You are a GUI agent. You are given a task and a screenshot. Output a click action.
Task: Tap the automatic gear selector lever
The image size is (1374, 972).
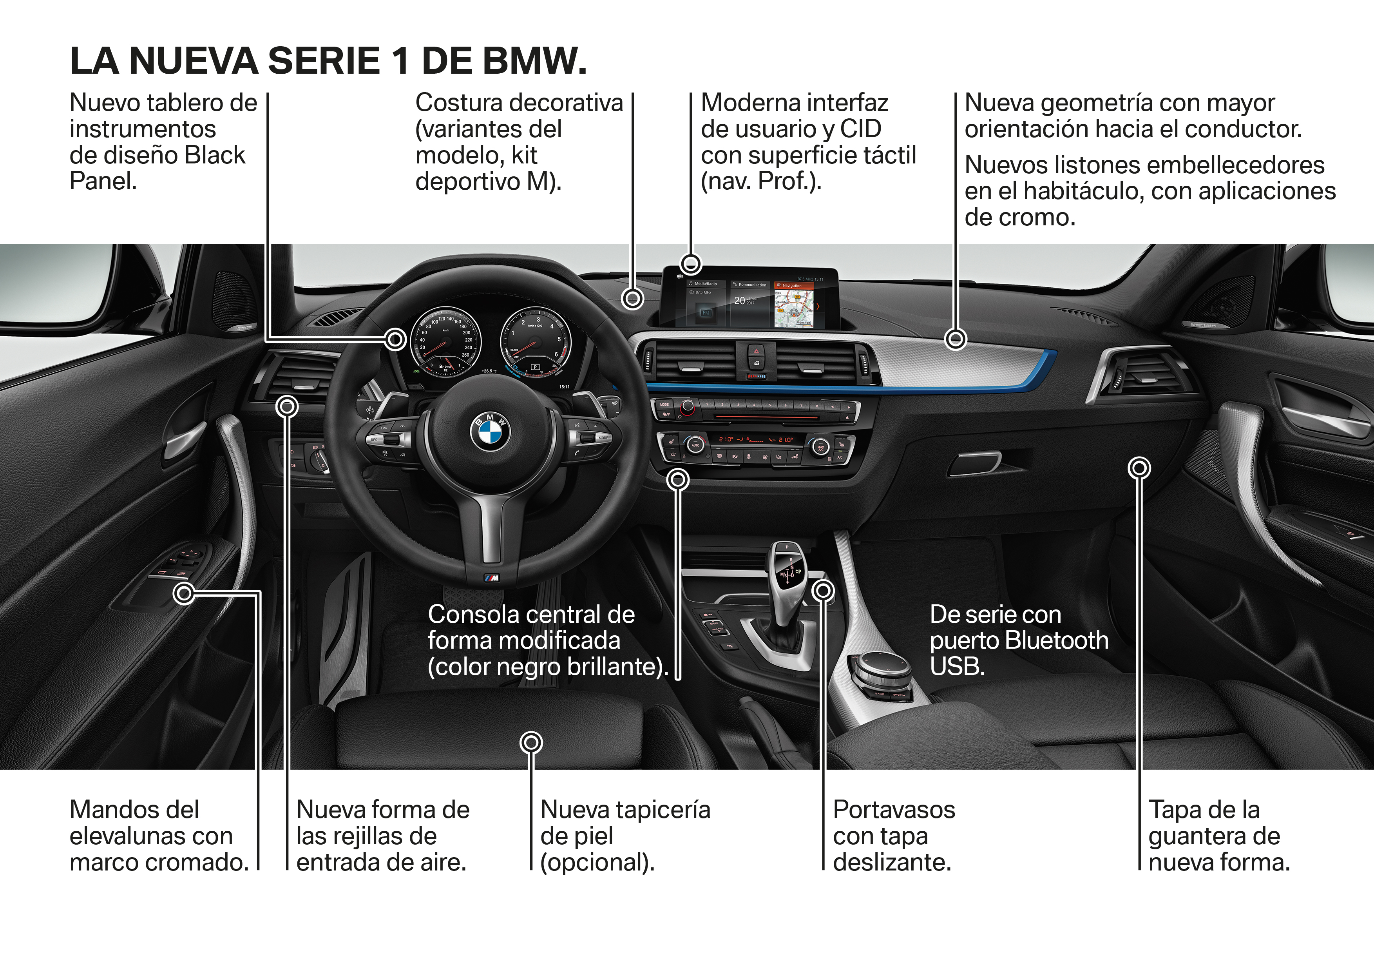787,575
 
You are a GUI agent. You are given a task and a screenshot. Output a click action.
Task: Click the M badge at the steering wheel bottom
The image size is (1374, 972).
491,578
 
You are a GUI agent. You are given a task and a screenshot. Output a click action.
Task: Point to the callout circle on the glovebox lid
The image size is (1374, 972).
1139,468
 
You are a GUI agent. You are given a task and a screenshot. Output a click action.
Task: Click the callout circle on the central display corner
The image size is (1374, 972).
691,263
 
